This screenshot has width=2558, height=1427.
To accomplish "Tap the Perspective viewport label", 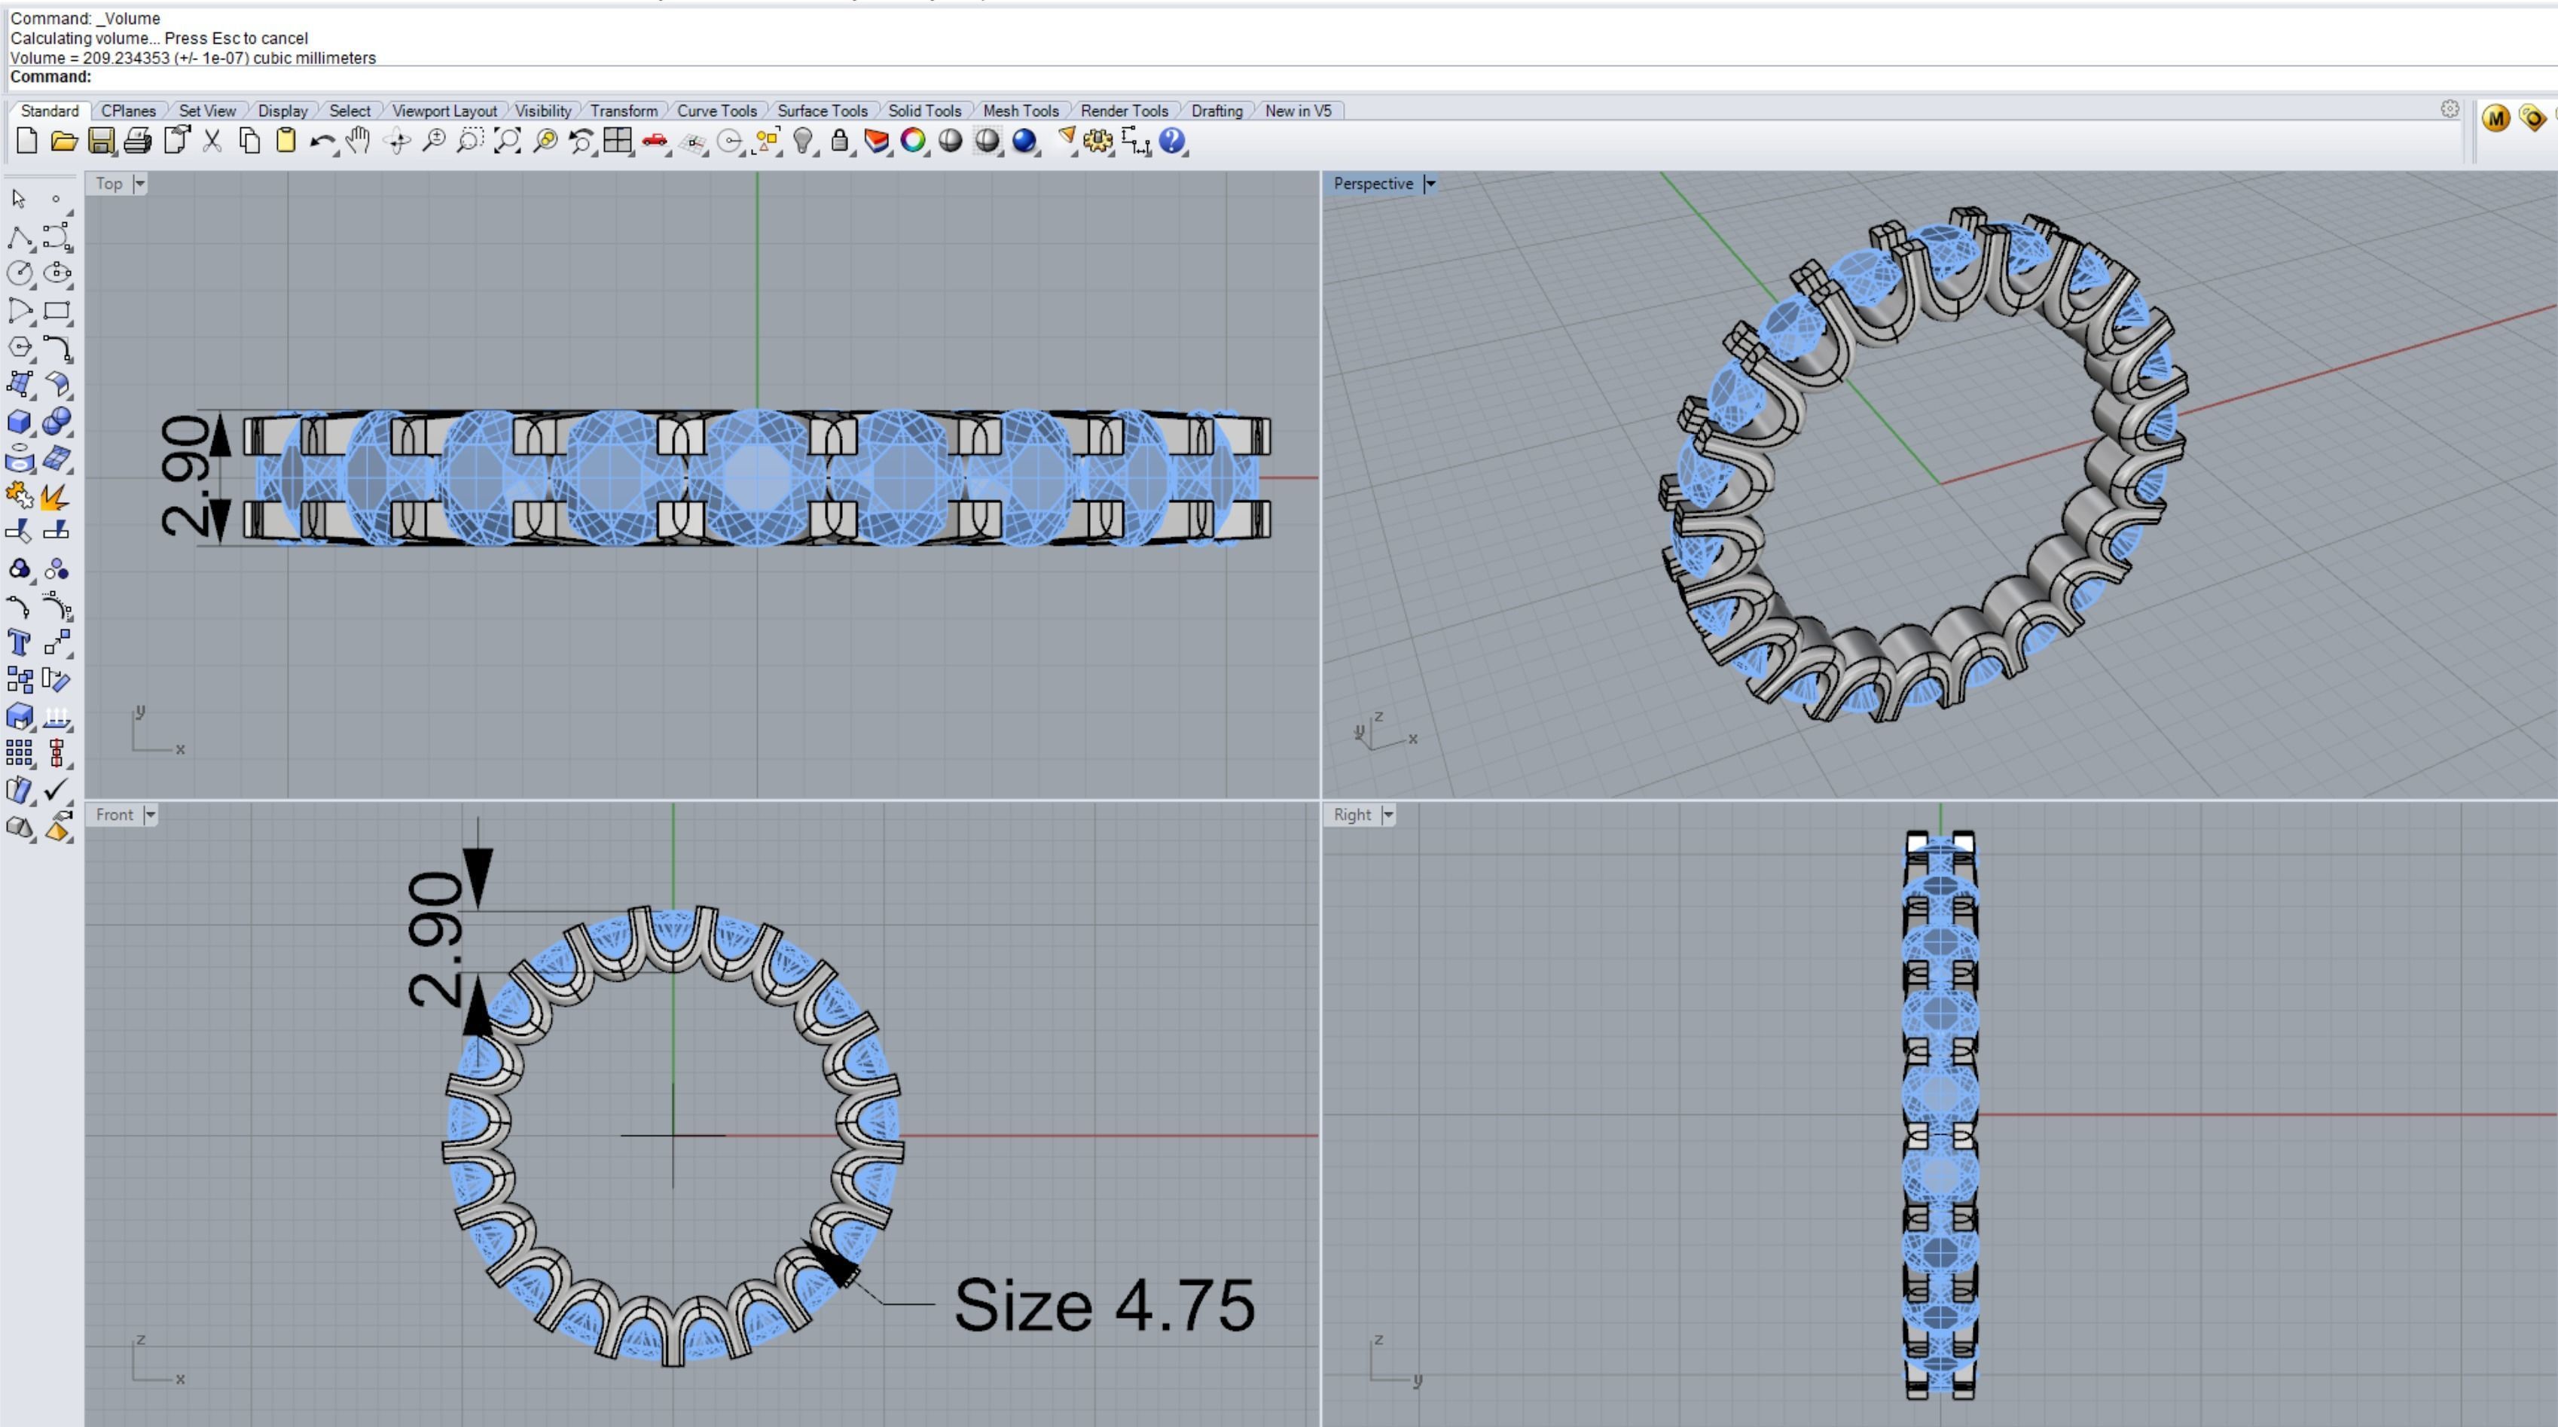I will (x=1372, y=184).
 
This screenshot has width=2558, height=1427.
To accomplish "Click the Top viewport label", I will (x=108, y=184).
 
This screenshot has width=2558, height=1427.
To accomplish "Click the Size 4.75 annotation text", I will (x=1103, y=1305).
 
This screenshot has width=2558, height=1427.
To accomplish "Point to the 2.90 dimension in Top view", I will (x=185, y=477).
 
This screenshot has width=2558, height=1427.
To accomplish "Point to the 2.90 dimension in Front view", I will (x=435, y=938).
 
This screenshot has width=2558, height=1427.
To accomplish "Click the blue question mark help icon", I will (x=1172, y=141).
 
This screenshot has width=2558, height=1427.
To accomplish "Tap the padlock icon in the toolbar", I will (x=839, y=141).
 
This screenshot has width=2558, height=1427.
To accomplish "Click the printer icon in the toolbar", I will (x=138, y=141).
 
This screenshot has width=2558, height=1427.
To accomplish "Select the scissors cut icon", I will (x=212, y=141).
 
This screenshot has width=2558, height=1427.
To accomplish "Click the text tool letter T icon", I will (x=19, y=642).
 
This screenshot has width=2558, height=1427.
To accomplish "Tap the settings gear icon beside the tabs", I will (x=2450, y=109).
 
